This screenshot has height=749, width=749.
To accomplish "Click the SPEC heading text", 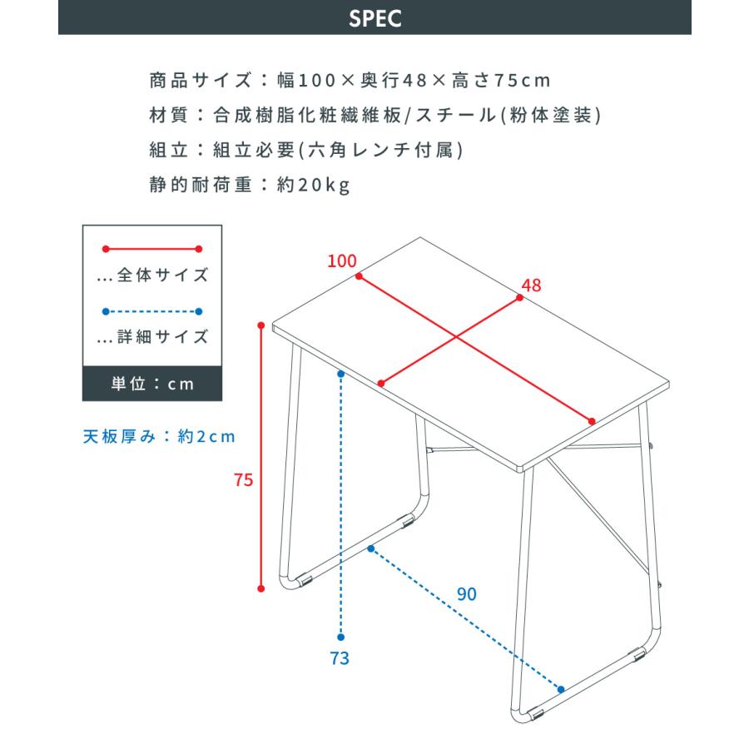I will (x=374, y=18).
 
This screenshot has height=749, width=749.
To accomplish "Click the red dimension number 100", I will (x=341, y=260).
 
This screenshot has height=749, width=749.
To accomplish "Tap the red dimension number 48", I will (x=530, y=285).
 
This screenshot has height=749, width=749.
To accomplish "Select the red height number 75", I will (x=243, y=479).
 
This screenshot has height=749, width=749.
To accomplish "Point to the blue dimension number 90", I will (x=467, y=594).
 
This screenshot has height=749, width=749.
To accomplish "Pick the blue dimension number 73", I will (x=339, y=658).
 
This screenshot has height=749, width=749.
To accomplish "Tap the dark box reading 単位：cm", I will (x=152, y=384).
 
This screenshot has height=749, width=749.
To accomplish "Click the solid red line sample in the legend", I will (x=152, y=248).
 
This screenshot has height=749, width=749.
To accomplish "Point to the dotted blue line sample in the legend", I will (x=152, y=312).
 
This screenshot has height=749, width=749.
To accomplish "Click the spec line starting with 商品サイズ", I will (x=350, y=81).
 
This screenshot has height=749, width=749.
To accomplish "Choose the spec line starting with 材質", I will (x=374, y=116).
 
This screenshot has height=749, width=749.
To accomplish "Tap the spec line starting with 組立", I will (x=305, y=150).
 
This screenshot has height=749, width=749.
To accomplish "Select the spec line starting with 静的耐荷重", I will (x=249, y=185).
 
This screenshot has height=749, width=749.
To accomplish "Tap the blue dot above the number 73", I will (x=341, y=374).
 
